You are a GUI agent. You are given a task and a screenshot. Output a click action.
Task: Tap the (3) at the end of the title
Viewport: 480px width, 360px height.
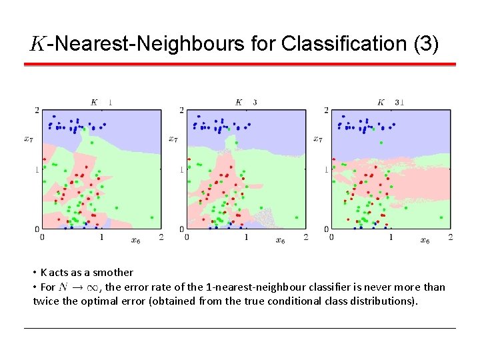426,44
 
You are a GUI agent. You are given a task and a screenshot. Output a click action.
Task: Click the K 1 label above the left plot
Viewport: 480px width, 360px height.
101,102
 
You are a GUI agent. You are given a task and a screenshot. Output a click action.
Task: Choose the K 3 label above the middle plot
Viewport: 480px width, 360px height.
245,102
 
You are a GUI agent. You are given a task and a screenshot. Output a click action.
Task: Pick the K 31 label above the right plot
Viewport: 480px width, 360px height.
391,102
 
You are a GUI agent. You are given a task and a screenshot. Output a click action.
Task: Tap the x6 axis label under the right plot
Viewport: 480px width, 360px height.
425,240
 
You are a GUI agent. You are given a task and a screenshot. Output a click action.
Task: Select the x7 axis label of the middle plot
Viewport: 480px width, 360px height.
173,139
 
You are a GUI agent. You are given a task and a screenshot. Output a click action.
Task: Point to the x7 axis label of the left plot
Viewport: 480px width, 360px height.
28,139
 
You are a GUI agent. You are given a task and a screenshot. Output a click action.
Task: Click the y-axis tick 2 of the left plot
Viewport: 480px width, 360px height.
37,110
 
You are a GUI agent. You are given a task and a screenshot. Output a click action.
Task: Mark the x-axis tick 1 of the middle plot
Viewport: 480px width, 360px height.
246,237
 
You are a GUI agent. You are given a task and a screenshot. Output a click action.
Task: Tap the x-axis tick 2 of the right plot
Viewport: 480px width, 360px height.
451,237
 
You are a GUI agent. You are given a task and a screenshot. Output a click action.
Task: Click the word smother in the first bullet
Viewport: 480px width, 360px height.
113,272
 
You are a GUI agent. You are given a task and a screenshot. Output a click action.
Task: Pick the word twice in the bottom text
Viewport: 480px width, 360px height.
45,301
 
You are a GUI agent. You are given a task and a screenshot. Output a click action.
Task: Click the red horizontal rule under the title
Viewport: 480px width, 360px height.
240,65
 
